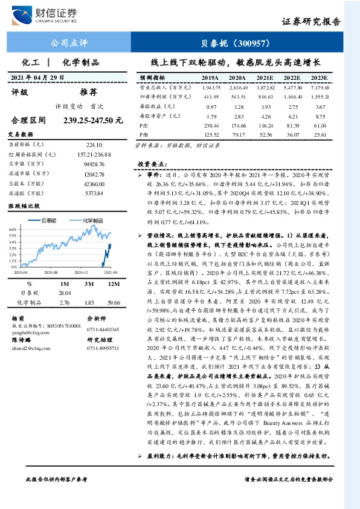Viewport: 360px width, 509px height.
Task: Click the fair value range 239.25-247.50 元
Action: click(89, 121)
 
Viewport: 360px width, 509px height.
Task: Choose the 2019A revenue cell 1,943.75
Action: click(209, 88)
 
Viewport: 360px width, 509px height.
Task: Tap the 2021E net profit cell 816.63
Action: click(265, 96)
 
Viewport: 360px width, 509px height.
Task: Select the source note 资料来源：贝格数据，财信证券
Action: click(177, 146)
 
